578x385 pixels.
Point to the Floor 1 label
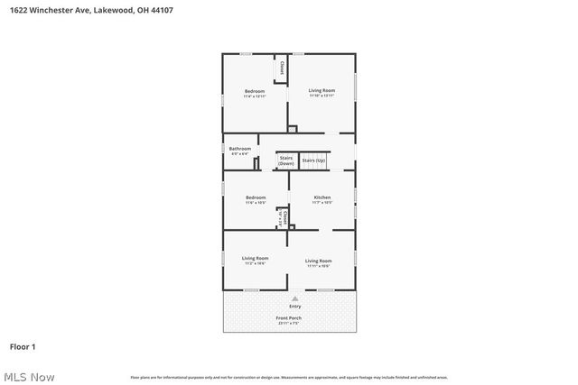(x=22, y=346)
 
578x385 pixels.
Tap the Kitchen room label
(x=322, y=197)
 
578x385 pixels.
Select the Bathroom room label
(x=239, y=149)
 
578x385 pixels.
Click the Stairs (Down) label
(x=286, y=160)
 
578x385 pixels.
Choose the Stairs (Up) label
(x=313, y=160)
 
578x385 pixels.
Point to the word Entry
(x=294, y=307)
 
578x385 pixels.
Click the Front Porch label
(x=289, y=318)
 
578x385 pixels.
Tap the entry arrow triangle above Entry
(x=294, y=297)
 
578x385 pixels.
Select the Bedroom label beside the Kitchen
(x=256, y=197)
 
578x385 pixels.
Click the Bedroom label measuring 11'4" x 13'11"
(x=256, y=90)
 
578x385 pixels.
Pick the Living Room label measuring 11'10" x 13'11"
(x=322, y=90)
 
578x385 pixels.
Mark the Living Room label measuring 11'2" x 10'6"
(x=255, y=260)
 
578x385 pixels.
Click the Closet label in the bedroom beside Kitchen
(x=284, y=217)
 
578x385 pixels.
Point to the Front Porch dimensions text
(x=289, y=324)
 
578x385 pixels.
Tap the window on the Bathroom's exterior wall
(x=223, y=148)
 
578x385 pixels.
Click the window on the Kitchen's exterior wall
(x=355, y=196)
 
